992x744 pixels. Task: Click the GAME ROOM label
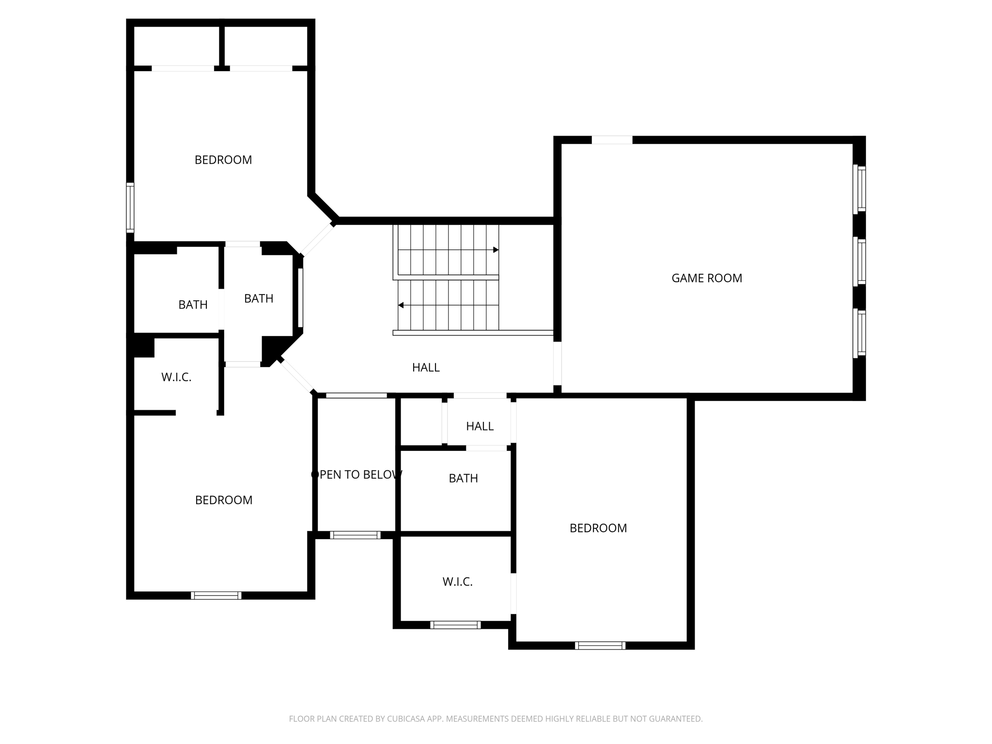(x=706, y=278)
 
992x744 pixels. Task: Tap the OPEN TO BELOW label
(x=356, y=475)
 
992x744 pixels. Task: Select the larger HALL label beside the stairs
(x=426, y=368)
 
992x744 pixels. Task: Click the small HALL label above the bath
(x=480, y=426)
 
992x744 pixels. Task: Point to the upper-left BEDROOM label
(x=223, y=160)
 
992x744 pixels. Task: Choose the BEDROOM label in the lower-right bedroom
(x=598, y=528)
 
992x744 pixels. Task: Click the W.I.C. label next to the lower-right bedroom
(x=457, y=582)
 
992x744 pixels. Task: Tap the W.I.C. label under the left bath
(x=176, y=377)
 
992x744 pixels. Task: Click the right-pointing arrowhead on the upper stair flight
(x=496, y=250)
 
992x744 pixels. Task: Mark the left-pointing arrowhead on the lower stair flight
(x=401, y=305)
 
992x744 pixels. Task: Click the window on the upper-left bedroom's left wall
(x=130, y=207)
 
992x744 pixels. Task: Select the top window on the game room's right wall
(x=860, y=189)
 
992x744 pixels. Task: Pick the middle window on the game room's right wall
(x=860, y=262)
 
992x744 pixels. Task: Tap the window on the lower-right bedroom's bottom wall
(x=600, y=645)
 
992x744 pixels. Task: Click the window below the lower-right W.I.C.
(x=455, y=625)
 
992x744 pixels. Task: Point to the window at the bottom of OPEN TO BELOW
(x=355, y=535)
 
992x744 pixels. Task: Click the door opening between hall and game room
(x=557, y=363)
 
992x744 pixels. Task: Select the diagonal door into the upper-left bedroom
(x=317, y=239)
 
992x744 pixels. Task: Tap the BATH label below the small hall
(x=463, y=479)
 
